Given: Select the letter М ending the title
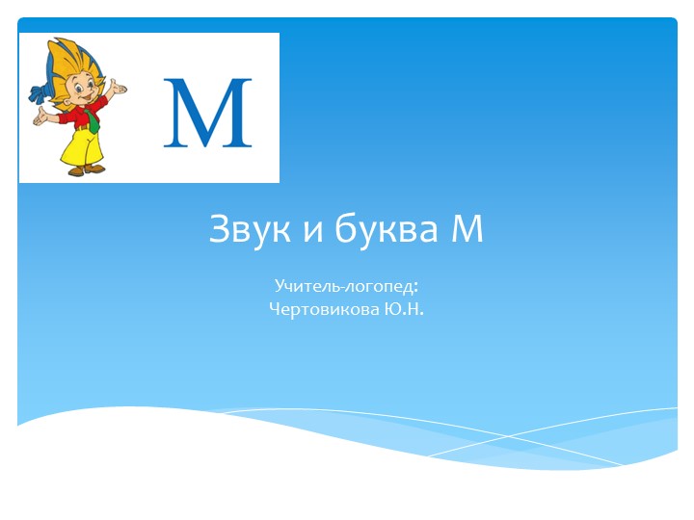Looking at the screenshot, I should coord(466,231).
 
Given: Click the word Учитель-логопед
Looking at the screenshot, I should coord(343,286).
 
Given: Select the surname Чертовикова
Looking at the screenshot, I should coord(326,310).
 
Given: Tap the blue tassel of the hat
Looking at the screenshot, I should coord(37,94).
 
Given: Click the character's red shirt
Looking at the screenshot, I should coord(69,117).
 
